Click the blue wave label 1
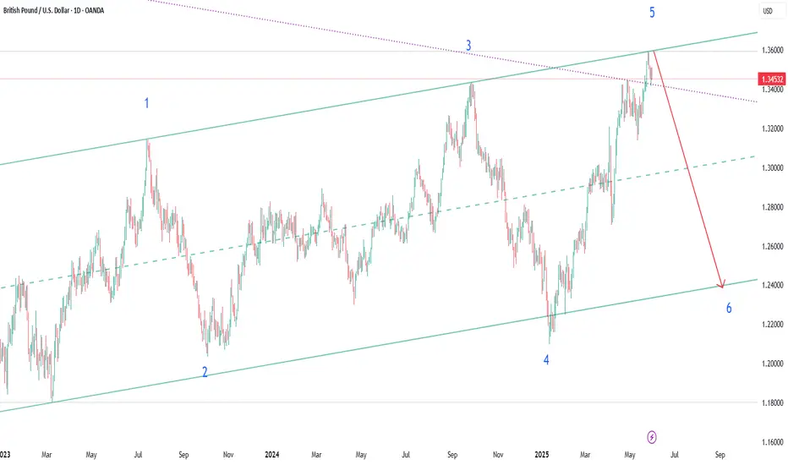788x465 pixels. coord(147,103)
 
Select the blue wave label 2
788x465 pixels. coord(205,372)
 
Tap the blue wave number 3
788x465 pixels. coord(468,46)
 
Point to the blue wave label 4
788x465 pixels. coord(546,359)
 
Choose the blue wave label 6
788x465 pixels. coord(729,308)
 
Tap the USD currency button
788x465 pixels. coord(769,11)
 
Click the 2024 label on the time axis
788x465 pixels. coord(271,454)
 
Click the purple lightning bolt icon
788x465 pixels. coord(652,436)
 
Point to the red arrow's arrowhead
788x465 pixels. coord(722,285)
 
